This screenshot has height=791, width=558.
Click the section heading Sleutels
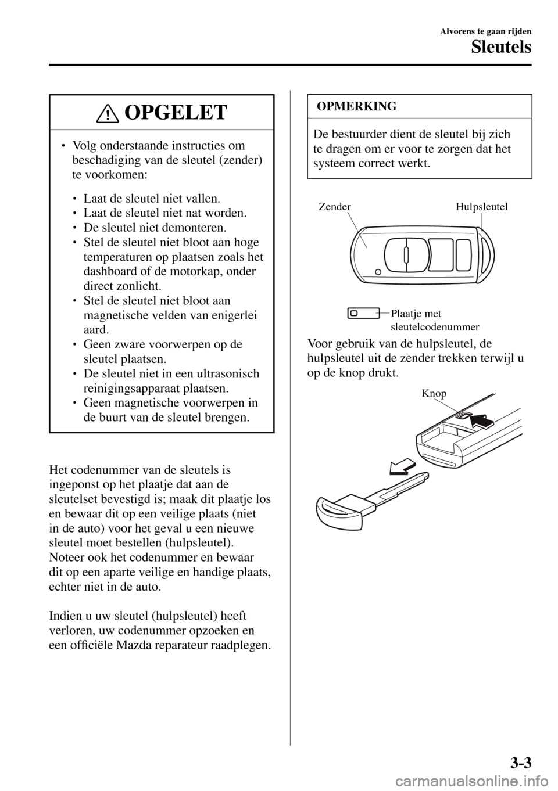(x=502, y=46)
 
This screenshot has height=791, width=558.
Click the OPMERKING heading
(x=355, y=106)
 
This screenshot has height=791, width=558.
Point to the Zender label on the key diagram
(x=335, y=207)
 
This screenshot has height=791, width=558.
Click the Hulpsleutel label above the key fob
(x=482, y=207)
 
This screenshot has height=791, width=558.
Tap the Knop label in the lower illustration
(x=434, y=394)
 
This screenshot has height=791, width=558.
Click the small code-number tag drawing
(x=363, y=314)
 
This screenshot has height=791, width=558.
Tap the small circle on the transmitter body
(x=378, y=271)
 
